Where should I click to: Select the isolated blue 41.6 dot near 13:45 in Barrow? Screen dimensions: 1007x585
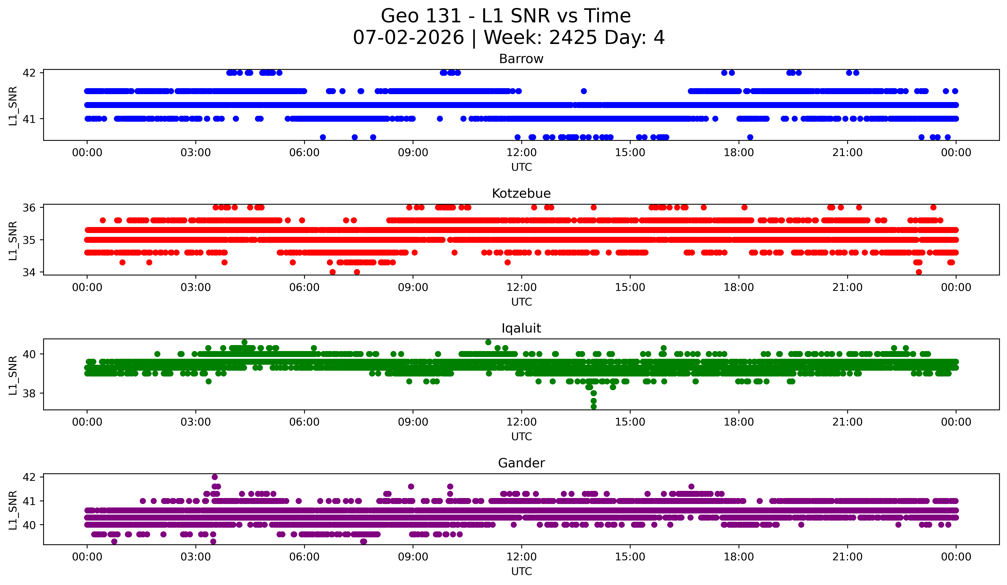pyautogui.click(x=584, y=91)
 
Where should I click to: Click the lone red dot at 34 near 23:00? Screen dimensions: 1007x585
pyautogui.click(x=919, y=272)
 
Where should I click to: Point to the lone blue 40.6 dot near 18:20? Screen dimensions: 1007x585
pyautogui.click(x=750, y=137)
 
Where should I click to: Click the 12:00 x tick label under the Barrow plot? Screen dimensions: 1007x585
pyautogui.click(x=522, y=153)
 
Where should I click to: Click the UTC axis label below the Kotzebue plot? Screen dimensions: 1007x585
pyautogui.click(x=522, y=302)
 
